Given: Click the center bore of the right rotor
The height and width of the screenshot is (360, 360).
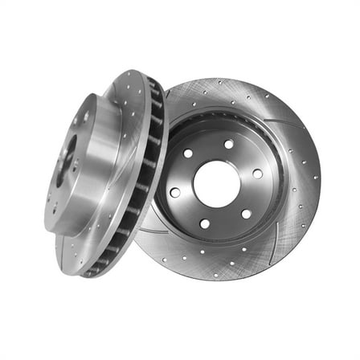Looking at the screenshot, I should click(217, 184).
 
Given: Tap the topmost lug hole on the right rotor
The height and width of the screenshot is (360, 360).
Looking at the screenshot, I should click(228, 145).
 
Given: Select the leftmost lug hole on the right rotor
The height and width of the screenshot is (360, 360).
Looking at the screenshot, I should click(174, 192).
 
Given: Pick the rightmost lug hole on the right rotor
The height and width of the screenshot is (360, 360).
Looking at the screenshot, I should click(257, 173).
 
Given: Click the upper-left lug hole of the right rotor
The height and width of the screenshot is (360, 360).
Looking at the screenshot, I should click(187, 153).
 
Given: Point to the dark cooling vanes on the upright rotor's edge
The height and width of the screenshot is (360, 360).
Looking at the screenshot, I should click(145, 177).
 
